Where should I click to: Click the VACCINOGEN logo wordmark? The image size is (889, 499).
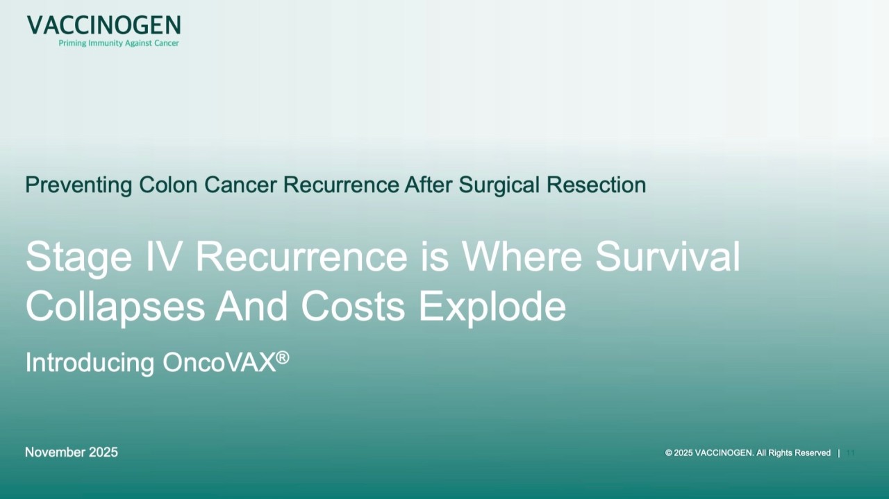point(103,26)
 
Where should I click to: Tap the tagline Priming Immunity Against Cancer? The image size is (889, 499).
point(119,43)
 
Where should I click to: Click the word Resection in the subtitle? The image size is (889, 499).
point(596,185)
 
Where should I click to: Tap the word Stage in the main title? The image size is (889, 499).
point(78,257)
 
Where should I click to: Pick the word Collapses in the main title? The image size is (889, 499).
point(115,307)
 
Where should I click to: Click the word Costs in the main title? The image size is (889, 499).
point(353,306)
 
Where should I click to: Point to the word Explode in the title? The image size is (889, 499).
point(492,307)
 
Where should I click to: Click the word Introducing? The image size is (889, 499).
point(90,363)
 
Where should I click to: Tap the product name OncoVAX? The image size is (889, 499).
point(219,363)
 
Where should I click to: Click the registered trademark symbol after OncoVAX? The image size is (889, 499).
point(282,357)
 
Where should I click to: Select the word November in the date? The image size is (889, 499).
point(55,453)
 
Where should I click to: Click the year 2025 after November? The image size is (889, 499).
point(103,453)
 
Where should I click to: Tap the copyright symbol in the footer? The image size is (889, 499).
point(669,453)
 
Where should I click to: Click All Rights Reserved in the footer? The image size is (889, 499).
point(793,453)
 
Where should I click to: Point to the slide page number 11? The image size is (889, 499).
point(850,453)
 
